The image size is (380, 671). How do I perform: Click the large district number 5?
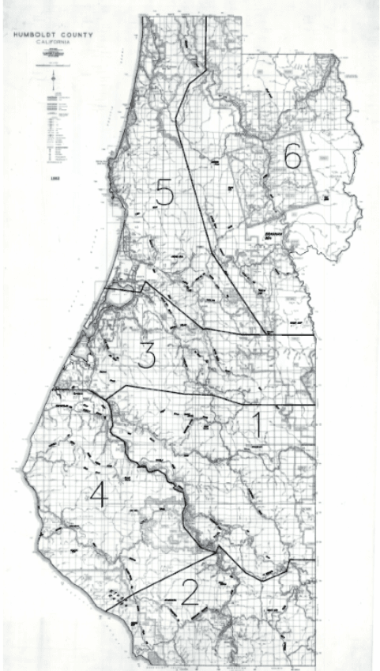[164, 194]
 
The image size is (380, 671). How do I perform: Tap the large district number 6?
[292, 158]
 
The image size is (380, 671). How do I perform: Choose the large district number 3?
[146, 356]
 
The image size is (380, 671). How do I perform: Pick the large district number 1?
[257, 427]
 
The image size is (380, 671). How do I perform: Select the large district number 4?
[98, 496]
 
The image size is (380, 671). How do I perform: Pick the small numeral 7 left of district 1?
[187, 424]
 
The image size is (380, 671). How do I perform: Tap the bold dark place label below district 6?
[273, 235]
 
